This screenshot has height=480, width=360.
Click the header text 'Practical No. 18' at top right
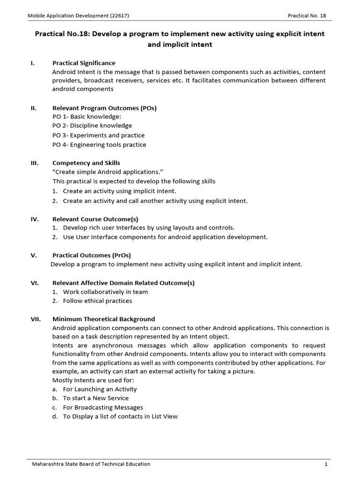coord(307,15)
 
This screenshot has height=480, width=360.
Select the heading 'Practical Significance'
coord(84,63)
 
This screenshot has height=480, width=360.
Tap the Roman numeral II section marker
coord(34,108)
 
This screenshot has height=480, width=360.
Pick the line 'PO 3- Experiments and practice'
coord(98,135)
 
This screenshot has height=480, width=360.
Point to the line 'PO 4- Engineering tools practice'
coord(99,145)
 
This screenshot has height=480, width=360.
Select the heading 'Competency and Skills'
coord(86,163)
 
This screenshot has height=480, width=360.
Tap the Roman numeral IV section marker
coord(34,219)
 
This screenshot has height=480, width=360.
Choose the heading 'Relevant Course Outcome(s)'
coord(95,219)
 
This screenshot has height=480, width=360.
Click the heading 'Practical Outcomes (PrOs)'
coord(91,255)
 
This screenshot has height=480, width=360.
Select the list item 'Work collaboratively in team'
coord(105,292)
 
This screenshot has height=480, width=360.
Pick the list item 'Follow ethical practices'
coord(97,301)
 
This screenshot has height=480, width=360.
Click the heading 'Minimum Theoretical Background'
coord(104,319)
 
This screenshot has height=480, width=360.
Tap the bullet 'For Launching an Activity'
coord(100,389)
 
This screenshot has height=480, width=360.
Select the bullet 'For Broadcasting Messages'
coord(103,407)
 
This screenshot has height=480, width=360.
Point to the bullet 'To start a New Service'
coord(96,398)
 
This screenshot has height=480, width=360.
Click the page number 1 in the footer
coord(325,464)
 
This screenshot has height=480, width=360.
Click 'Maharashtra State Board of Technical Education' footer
coord(91,464)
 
